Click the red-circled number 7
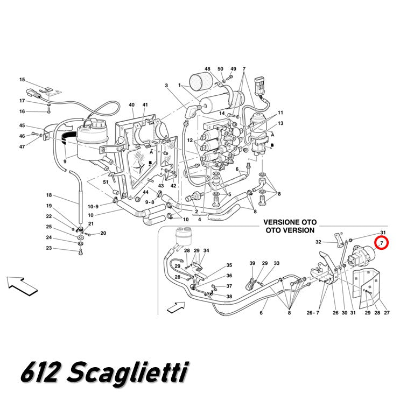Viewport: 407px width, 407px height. point(381,243)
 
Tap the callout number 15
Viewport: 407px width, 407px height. point(22,80)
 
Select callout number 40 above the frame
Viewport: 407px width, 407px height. point(131,105)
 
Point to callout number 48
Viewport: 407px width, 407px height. point(207,69)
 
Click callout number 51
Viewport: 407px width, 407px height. point(106,182)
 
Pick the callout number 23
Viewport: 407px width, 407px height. point(49,248)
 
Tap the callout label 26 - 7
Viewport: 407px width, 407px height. point(313,313)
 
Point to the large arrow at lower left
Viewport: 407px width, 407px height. point(22,286)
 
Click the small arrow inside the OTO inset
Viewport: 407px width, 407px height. point(176,307)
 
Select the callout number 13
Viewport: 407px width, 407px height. point(280,123)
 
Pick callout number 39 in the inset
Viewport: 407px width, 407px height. point(252,263)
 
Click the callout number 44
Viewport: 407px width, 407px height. point(145,192)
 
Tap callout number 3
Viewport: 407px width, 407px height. point(166,86)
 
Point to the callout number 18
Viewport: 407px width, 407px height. point(49,195)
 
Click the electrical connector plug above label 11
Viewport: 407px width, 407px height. point(260,86)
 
